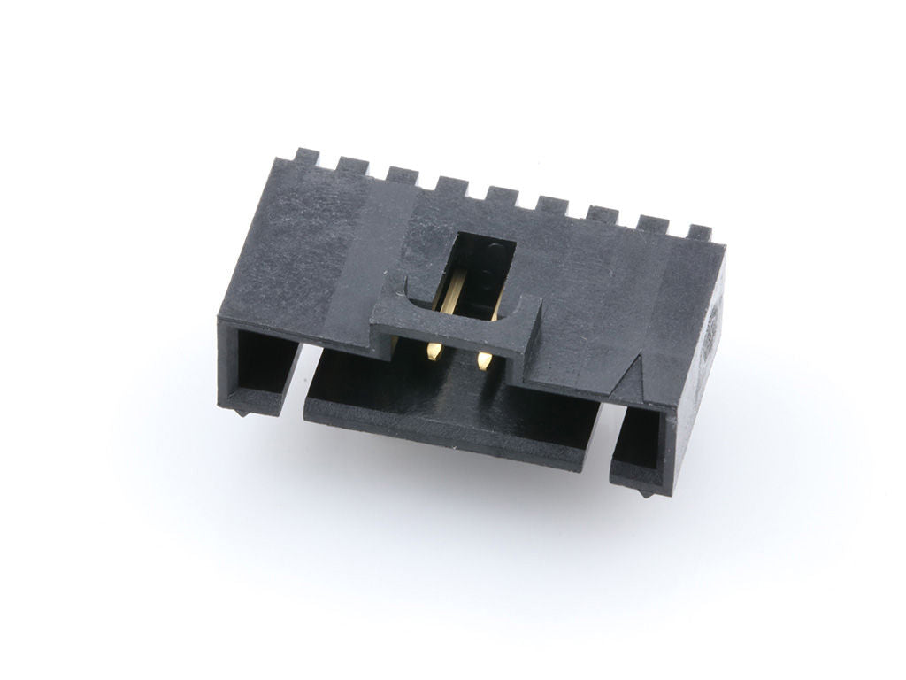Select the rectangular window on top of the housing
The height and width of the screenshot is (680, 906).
(x=481, y=257)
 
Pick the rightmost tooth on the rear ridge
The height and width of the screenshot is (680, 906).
(x=699, y=234)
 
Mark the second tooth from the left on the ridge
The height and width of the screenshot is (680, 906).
(x=353, y=166)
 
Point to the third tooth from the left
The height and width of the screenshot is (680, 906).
(x=402, y=175)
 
